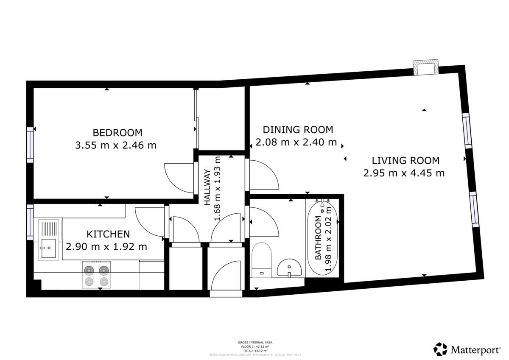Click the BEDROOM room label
tap(117, 132)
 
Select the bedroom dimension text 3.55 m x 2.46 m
tap(115, 145)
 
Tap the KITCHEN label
tap(108, 234)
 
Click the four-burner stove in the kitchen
tap(96, 275)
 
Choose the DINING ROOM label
tap(298, 129)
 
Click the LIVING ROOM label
tap(405, 161)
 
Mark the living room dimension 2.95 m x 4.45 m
tap(404, 173)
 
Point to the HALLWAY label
tap(208, 187)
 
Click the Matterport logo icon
tap(440, 349)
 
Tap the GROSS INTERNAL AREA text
tap(255, 342)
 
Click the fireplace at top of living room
tap(426, 68)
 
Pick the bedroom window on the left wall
tap(30, 144)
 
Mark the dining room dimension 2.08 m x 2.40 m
tap(296, 142)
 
